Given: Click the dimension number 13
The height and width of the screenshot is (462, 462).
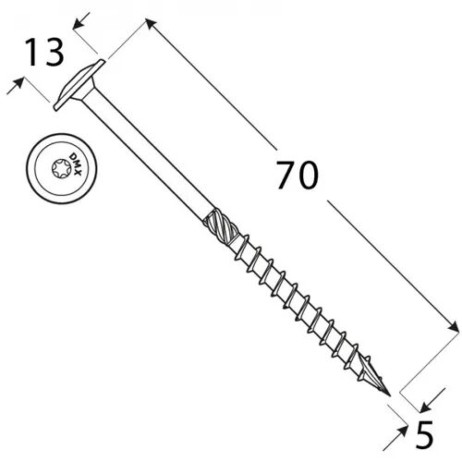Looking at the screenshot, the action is coord(44,53).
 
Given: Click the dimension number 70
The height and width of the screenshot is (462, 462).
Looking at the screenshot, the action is coord(297,175).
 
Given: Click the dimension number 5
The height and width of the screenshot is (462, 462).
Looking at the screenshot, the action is coord(424,434).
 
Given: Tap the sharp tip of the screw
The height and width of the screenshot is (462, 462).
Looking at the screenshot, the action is coord(390,395).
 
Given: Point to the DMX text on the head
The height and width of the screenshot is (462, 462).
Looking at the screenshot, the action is coord(75,164).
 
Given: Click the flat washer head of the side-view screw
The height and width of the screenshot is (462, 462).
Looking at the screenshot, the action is coord(79,85).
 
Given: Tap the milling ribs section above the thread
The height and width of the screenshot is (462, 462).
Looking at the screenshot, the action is coord(220,225).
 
